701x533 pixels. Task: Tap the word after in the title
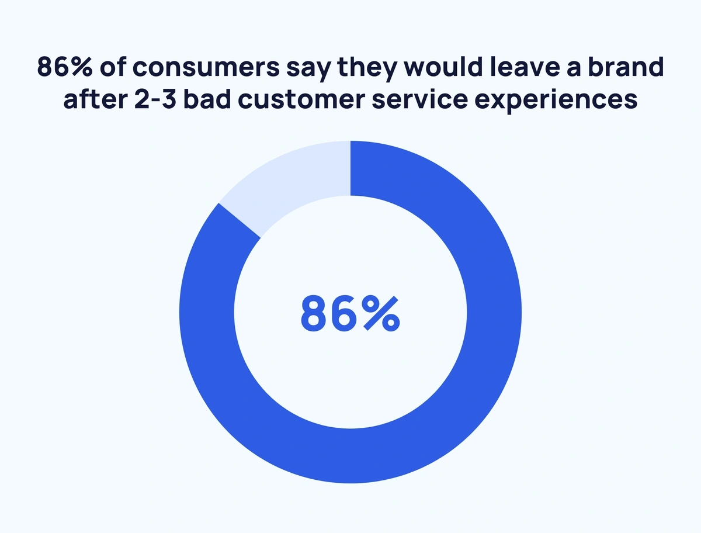click(90, 99)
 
